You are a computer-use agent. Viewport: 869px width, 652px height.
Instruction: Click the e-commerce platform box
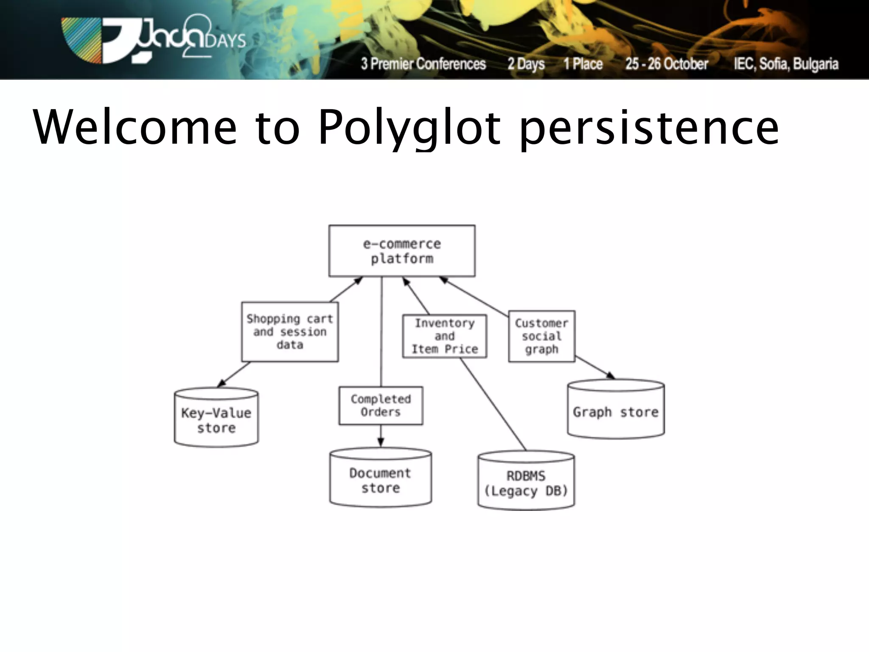coord(402,251)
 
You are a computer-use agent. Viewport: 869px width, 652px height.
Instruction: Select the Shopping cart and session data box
coord(290,332)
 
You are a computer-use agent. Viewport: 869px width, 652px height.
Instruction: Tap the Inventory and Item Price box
coord(444,336)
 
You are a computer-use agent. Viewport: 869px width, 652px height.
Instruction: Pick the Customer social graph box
coord(541,336)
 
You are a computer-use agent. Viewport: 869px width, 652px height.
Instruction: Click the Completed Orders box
coord(381,405)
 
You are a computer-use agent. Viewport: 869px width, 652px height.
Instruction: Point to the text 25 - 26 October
coord(667,64)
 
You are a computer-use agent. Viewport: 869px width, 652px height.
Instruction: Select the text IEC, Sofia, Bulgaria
coord(786,64)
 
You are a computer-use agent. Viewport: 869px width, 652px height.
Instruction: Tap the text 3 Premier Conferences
coord(423,64)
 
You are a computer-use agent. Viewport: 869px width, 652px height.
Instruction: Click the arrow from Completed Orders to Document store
coord(381,436)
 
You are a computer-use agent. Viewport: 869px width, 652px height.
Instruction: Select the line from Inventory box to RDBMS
coord(493,405)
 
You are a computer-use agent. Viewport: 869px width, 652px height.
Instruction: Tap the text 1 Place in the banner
coord(583,64)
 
